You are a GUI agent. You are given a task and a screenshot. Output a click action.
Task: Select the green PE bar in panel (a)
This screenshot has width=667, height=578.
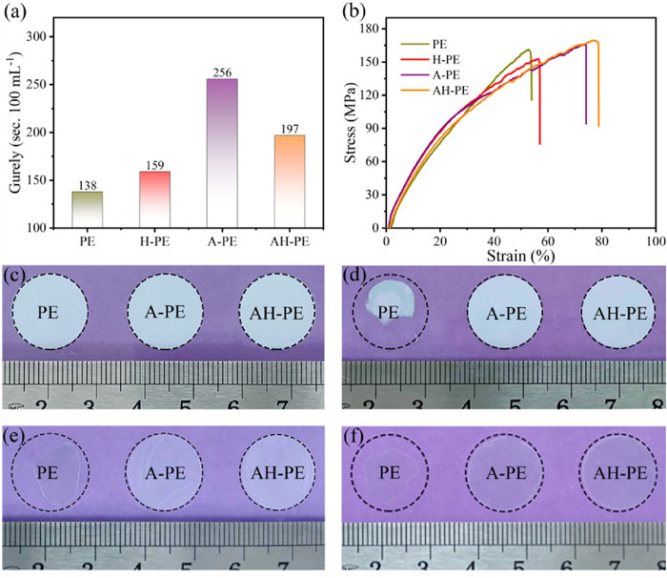[87, 209]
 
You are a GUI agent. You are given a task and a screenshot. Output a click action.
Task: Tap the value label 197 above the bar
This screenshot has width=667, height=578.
[290, 128]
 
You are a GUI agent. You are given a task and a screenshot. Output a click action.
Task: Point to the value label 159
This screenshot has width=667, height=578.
[154, 164]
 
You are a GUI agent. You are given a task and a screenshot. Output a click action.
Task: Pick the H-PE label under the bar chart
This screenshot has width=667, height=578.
[154, 243]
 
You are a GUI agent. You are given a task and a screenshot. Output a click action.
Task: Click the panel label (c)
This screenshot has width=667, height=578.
[14, 277]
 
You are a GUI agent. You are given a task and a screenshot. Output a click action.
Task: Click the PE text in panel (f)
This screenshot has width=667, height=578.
[389, 472]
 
